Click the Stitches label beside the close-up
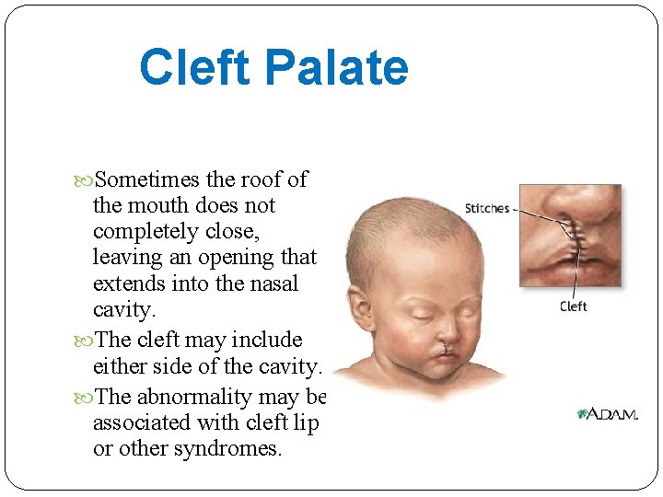pyautogui.click(x=487, y=209)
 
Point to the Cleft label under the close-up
pyautogui.click(x=573, y=306)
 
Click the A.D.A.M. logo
pyautogui.click(x=608, y=415)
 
